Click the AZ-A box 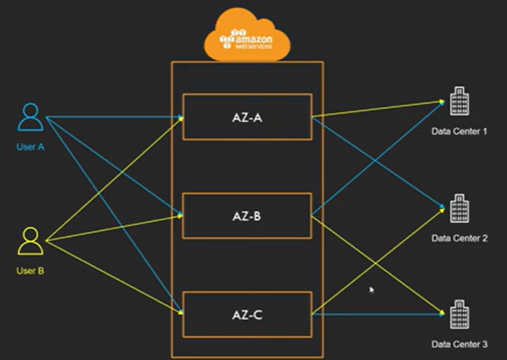248,117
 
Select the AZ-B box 248,215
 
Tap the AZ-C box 248,314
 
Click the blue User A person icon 31,116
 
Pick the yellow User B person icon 31,241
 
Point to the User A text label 31,147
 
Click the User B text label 31,271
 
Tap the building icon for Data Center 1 460,101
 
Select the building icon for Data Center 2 460,209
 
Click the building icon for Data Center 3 460,314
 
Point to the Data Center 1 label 459,131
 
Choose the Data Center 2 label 459,239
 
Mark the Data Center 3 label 459,344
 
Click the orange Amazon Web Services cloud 248,36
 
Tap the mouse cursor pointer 372,290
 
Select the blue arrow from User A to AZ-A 115,116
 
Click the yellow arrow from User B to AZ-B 115,228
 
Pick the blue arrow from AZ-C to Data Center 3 378,313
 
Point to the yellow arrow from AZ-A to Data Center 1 378,109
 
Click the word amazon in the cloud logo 253,39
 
